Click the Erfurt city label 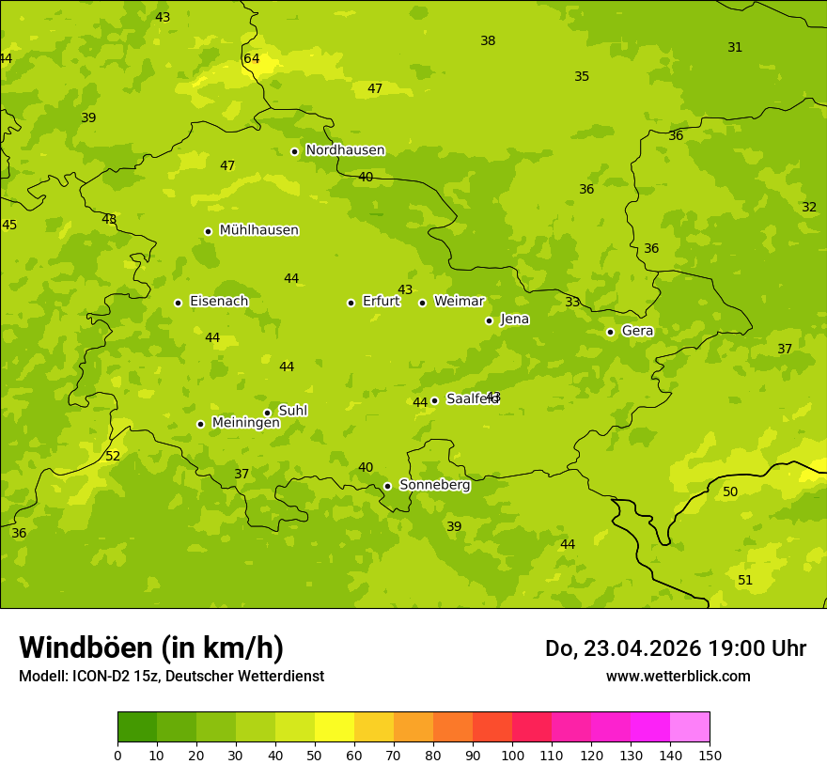point(381,302)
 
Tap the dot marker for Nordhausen point(294,151)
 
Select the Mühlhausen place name point(258,230)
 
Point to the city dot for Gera point(610,332)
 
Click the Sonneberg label point(434,485)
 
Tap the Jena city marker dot point(489,320)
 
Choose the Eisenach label point(219,302)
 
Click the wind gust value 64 point(252,59)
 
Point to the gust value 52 point(113,457)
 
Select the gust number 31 point(735,48)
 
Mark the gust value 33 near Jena point(572,303)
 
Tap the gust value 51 point(745,581)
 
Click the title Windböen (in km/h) point(151,647)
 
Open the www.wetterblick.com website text point(678,676)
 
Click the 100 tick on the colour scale point(512,755)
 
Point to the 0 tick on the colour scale point(117,755)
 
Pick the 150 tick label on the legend point(710,755)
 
